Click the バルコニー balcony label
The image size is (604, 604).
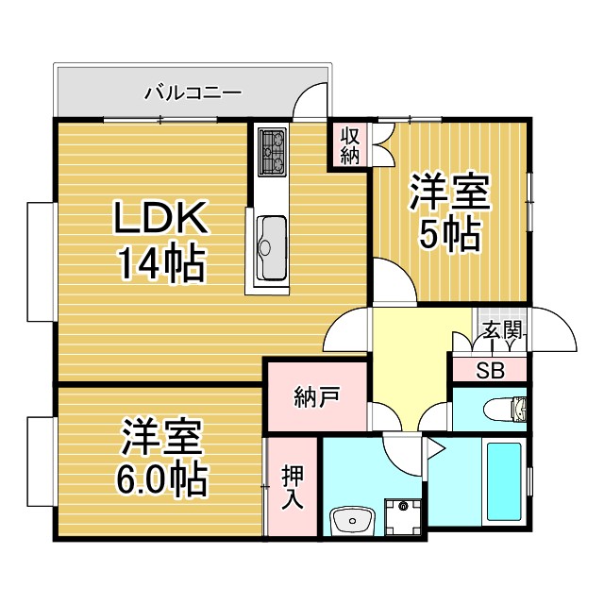[x=193, y=93]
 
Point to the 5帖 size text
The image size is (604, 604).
[x=449, y=236]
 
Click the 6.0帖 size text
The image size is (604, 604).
[x=161, y=479]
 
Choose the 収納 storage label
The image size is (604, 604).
[x=350, y=145]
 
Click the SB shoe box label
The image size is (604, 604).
[x=490, y=371]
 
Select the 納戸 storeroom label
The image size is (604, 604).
[x=317, y=397]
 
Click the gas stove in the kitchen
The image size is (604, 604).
[x=273, y=152]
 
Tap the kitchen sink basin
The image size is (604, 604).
[x=271, y=248]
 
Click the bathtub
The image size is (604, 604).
[x=504, y=481]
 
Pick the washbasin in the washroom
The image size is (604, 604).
[x=352, y=520]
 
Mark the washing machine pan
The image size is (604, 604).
[x=403, y=517]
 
